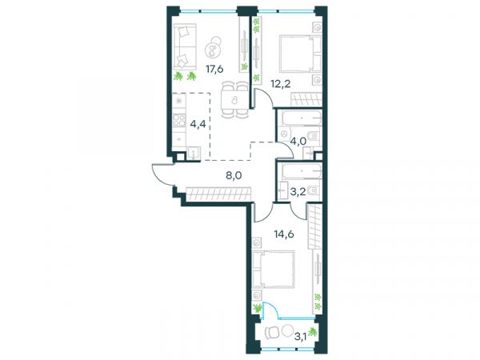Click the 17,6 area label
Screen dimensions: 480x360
pyautogui.click(x=214, y=70)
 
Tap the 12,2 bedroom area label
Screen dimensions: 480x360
pyautogui.click(x=281, y=83)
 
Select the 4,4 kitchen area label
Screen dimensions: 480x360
pyautogui.click(x=198, y=125)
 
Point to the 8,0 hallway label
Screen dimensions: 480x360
pyautogui.click(x=234, y=176)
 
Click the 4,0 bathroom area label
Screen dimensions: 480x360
pyautogui.click(x=298, y=142)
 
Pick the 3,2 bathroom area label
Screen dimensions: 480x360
pyautogui.click(x=298, y=192)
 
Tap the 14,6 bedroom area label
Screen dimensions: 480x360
pyautogui.click(x=283, y=234)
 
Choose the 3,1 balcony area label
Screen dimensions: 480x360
pyautogui.click(x=301, y=337)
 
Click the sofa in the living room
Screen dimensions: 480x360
pyautogui.click(x=185, y=47)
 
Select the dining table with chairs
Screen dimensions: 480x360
pyautogui.click(x=234, y=100)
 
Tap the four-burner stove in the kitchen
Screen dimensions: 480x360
pyautogui.click(x=179, y=120)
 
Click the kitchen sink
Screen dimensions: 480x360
pyautogui.click(x=194, y=154)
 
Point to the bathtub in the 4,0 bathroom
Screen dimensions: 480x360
pyautogui.click(x=302, y=118)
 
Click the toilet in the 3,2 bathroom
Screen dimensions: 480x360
pyautogui.click(x=313, y=190)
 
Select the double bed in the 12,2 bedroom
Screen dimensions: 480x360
pyautogui.click(x=300, y=54)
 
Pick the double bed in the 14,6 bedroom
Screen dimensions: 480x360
pyautogui.click(x=274, y=270)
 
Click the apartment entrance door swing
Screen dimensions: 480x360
pyautogui.click(x=163, y=174)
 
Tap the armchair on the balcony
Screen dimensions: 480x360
pyautogui.click(x=272, y=331)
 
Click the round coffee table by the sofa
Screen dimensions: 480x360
pyautogui.click(x=214, y=47)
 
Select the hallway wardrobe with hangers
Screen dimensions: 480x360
pyautogui.click(x=218, y=194)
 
